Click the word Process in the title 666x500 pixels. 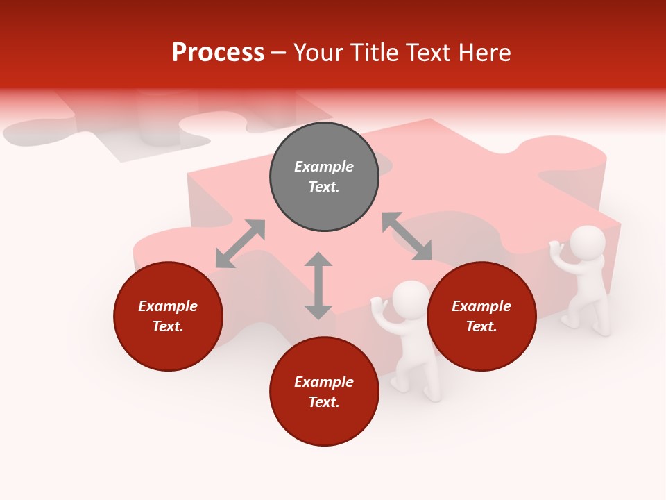pos(218,53)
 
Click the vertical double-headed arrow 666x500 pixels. pos(318,285)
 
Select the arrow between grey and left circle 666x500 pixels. pos(240,243)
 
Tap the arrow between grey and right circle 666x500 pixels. pos(407,236)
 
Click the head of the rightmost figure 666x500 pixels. pos(587,242)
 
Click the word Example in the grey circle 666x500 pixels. pos(324,167)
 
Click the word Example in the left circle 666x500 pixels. pos(168,306)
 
